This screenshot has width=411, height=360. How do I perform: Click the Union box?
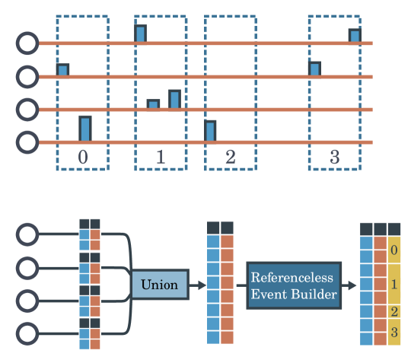pos(159,285)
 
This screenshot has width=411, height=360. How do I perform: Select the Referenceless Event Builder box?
pos(294,285)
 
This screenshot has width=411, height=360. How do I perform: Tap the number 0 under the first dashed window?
pos(83,158)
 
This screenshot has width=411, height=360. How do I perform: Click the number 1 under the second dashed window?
pos(160,158)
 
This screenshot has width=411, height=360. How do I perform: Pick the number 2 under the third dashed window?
pos(231,158)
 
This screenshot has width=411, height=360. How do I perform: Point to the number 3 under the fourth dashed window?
pos(334,158)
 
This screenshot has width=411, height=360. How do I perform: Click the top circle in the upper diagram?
pos(27,43)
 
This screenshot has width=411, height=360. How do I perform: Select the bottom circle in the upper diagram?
pos(27,142)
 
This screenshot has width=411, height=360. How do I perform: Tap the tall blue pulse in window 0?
pos(85,129)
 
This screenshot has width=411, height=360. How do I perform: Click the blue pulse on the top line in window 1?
pos(141,34)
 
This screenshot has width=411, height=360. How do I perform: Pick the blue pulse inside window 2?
pos(210,131)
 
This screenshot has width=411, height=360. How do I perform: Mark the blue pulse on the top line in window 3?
pos(354,36)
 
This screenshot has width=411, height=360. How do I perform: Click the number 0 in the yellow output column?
pos(393,250)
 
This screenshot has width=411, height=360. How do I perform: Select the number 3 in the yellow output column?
pos(393,332)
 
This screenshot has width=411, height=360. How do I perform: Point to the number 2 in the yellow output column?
pos(393,312)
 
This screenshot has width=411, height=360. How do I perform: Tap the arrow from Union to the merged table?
pos(196,285)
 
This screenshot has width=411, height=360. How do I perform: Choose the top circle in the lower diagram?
pos(27,234)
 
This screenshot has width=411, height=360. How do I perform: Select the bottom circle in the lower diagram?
pos(27,333)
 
